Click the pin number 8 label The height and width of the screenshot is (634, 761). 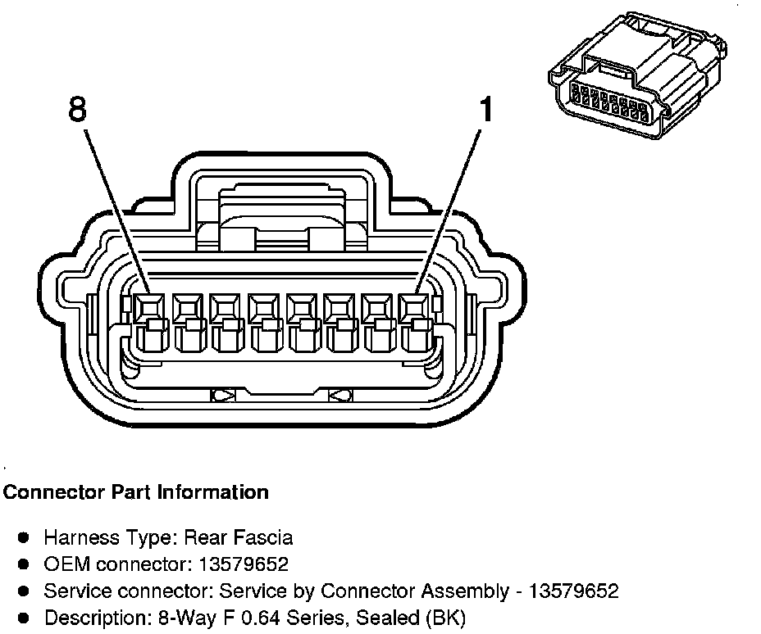tap(76, 110)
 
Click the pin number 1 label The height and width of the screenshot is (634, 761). tap(487, 109)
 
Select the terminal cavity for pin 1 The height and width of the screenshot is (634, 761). tap(413, 309)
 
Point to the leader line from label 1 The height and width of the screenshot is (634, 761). tap(451, 205)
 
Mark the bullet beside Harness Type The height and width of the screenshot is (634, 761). tap(25, 538)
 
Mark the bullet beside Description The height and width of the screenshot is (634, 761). tap(25, 618)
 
